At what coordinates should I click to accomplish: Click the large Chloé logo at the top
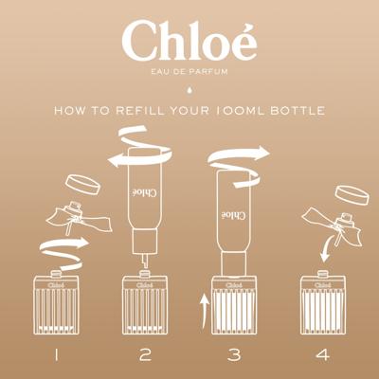coord(189,42)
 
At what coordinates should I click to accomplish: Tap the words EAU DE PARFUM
coord(189,72)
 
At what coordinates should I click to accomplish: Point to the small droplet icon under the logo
coord(189,90)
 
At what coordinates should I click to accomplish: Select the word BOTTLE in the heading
coord(298,111)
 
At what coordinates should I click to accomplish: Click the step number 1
coord(56,354)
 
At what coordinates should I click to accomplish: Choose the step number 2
coord(145,354)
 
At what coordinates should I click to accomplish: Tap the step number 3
coord(234,354)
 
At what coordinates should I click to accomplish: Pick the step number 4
coord(323,354)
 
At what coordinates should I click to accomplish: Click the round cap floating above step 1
coord(82,184)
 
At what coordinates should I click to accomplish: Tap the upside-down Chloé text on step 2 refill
coord(143,192)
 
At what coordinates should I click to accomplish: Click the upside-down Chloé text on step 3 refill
coord(233,214)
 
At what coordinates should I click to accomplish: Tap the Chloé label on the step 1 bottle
coord(56,285)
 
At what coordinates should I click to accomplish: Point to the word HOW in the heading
coord(69,111)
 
